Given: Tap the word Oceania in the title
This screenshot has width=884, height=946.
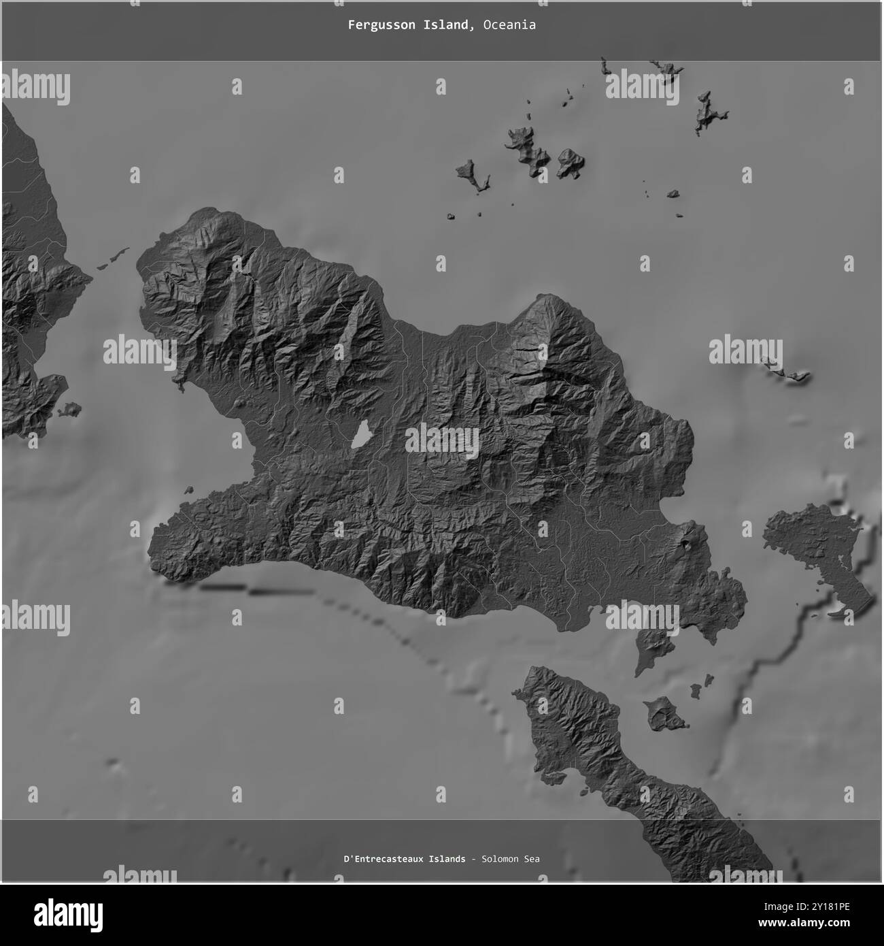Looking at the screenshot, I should click(510, 25).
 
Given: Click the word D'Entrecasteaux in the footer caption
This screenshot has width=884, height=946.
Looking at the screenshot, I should click(384, 859).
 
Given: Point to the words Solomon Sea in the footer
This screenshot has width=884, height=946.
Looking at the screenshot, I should click(511, 859).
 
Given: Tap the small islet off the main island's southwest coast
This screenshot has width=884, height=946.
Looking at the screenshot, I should click(188, 489).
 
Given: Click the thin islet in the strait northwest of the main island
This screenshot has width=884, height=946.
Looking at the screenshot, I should click(113, 259).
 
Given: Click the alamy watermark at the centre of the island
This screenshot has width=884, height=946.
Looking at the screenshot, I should click(442, 441).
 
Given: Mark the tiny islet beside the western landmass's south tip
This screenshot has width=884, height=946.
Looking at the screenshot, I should click(69, 410).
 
